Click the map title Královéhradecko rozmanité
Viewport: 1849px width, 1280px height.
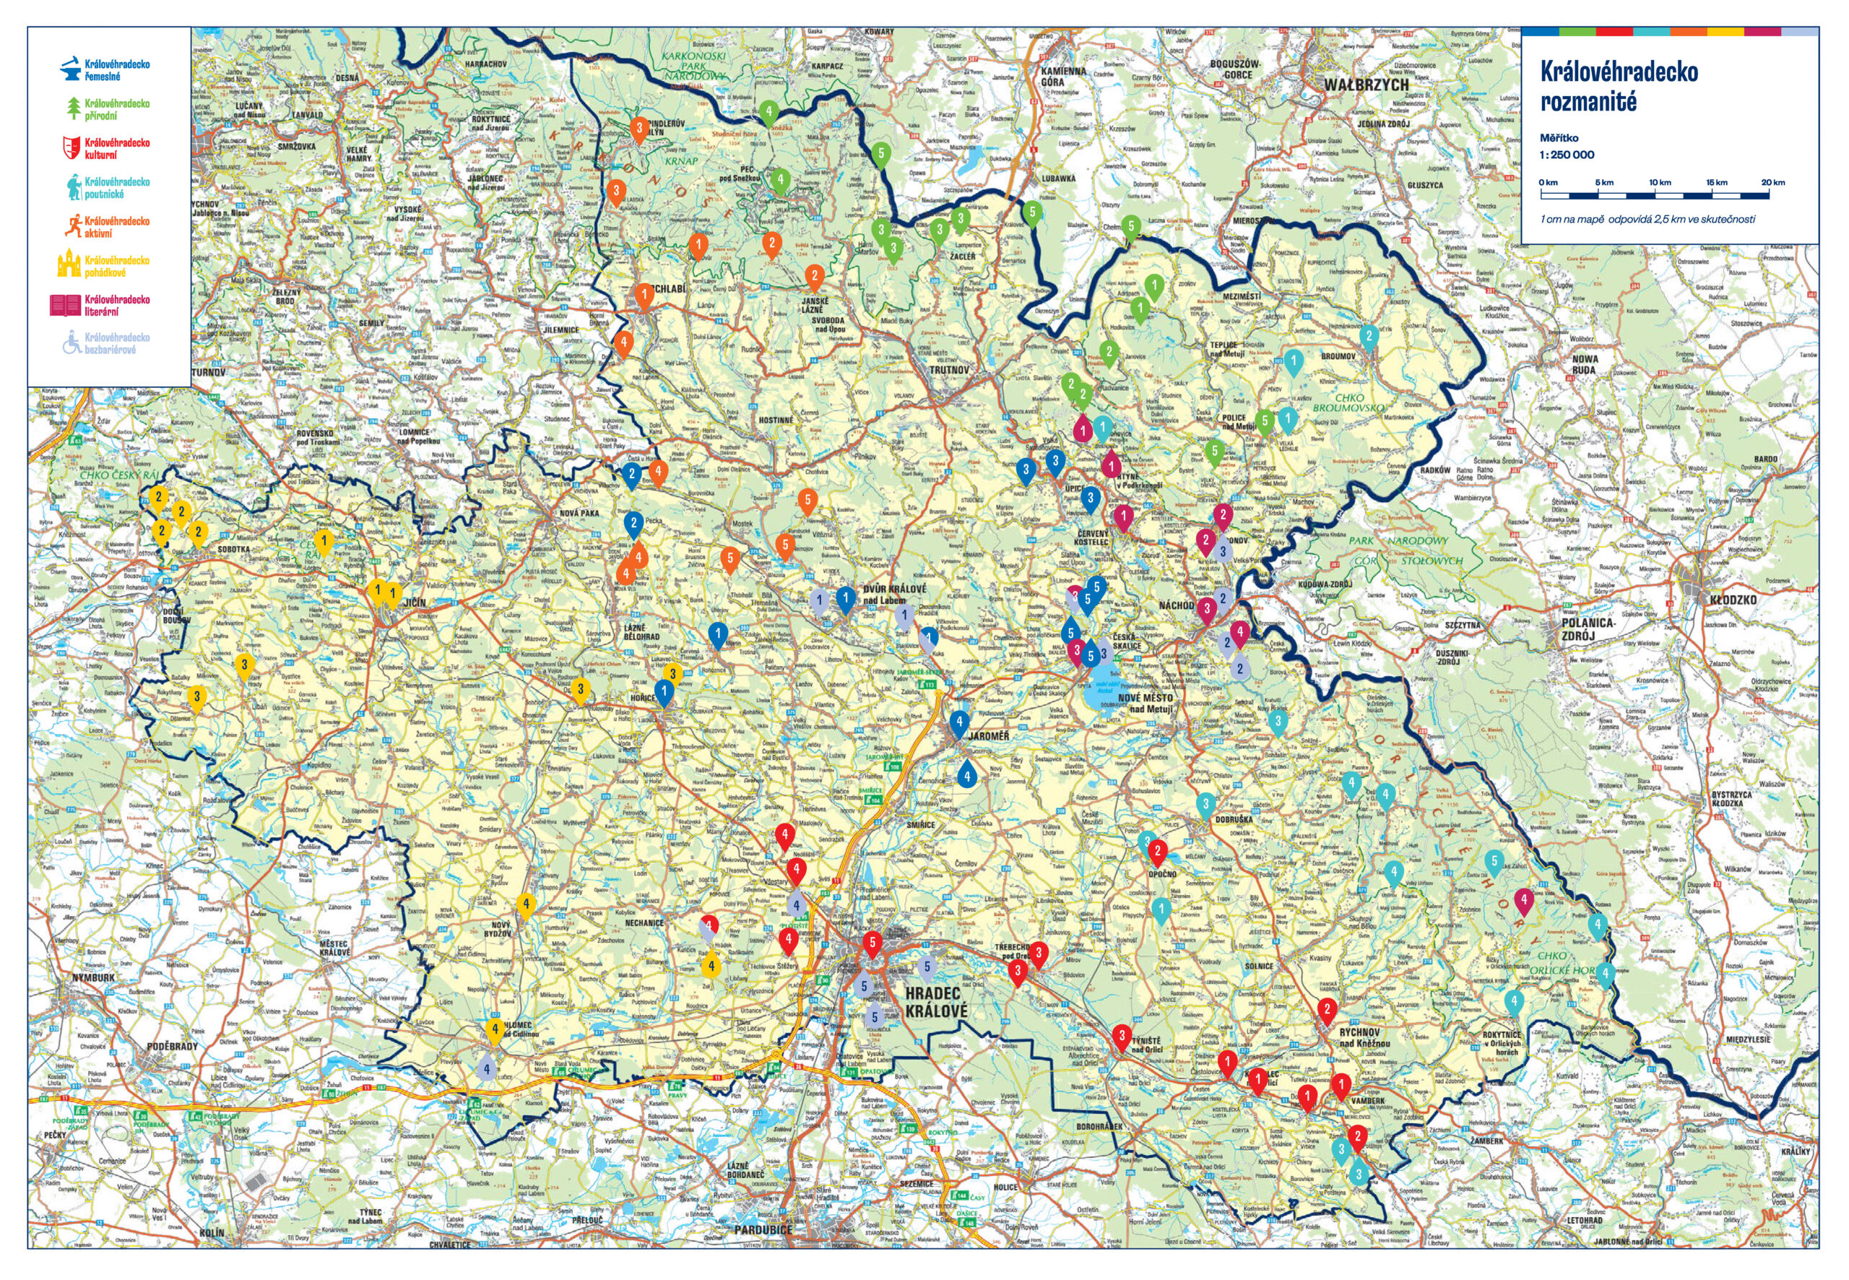click(1618, 86)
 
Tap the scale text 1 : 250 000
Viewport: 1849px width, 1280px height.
click(1566, 155)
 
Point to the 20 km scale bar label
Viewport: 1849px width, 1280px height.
click(1773, 183)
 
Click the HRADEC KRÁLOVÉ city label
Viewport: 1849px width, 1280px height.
click(936, 1002)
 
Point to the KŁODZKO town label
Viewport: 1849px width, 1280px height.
click(1733, 599)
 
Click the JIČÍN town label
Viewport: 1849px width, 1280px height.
click(415, 602)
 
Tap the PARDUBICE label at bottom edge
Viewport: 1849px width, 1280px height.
click(763, 1229)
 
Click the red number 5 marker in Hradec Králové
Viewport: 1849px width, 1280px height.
click(872, 943)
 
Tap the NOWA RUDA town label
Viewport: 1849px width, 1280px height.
click(1585, 364)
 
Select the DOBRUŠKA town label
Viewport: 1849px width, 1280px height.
click(1232, 820)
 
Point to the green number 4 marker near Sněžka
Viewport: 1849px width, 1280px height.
click(768, 111)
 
